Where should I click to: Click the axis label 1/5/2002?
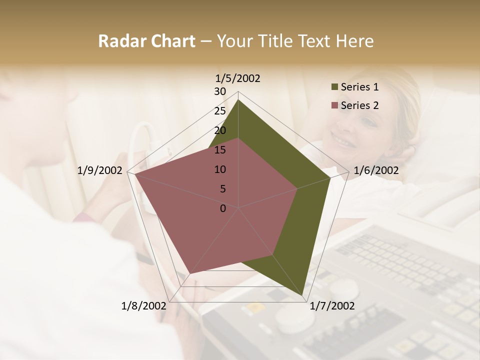238,78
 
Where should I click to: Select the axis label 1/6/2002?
376,170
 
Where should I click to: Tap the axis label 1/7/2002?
332,305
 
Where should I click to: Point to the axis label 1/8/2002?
143,305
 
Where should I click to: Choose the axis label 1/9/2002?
100,170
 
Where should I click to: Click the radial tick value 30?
220,91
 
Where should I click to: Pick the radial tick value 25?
220,111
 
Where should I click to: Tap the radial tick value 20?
220,130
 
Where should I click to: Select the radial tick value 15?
220,150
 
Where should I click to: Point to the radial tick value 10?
220,169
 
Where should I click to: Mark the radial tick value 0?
223,208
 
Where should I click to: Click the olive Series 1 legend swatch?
334,87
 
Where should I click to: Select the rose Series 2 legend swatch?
334,105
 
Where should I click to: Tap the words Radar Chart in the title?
146,41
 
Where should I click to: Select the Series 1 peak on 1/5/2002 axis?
238,99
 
